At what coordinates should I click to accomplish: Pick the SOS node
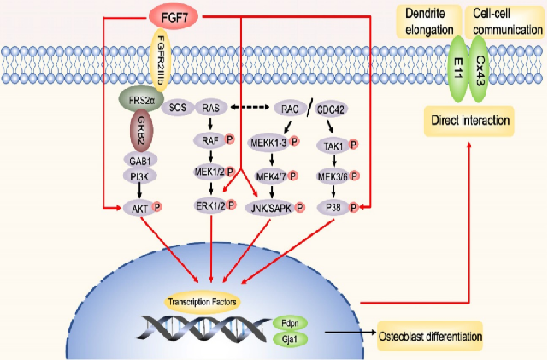point(178,109)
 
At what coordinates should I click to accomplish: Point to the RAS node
point(211,109)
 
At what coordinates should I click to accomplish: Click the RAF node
point(209,140)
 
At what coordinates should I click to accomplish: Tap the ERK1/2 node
point(211,207)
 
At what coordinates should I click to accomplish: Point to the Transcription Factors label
point(203,302)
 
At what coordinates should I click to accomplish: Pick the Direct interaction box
point(467,121)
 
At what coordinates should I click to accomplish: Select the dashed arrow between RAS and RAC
point(250,109)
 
